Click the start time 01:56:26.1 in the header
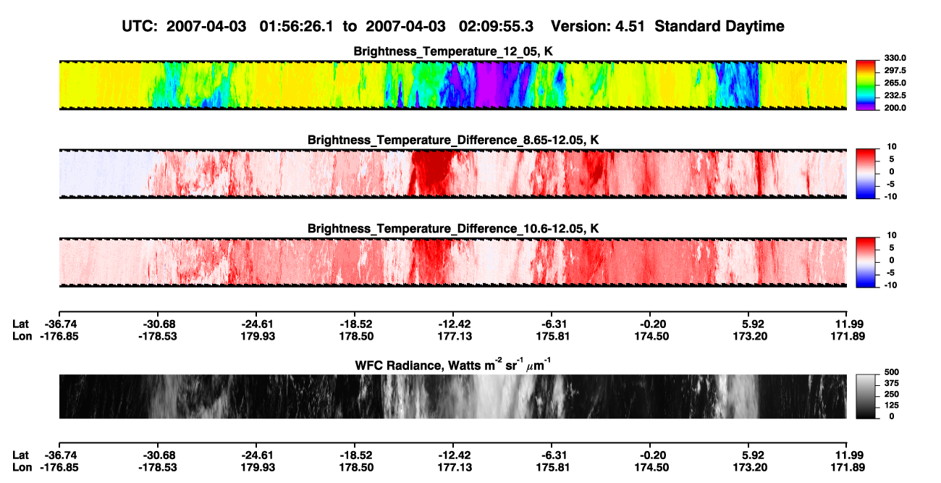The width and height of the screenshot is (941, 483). pos(296,27)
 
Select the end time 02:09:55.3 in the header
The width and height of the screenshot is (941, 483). pos(496,27)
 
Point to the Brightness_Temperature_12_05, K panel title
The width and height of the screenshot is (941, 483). pos(453,51)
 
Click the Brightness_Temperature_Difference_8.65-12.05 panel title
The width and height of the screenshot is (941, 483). pos(453,140)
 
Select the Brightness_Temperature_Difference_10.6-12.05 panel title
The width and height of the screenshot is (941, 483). pos(453,229)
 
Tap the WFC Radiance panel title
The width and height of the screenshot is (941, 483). pos(453,364)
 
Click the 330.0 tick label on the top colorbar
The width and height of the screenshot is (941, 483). pos(895,58)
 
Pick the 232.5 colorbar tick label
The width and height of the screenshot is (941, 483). pos(895,96)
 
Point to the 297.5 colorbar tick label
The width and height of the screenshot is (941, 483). pos(895,71)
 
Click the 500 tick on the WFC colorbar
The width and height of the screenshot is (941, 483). pos(892,372)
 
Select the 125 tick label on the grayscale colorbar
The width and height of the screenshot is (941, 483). pos(892,406)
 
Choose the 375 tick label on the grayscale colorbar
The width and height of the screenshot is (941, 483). pos(892,383)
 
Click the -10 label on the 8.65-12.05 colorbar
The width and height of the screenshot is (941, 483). pos(890,197)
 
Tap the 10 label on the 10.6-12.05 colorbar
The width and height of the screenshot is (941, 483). pos(892,235)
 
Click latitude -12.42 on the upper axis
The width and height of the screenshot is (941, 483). pos(455,324)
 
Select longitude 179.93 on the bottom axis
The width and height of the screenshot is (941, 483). pos(258,468)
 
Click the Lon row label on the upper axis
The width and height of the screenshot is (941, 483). pos(22,336)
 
